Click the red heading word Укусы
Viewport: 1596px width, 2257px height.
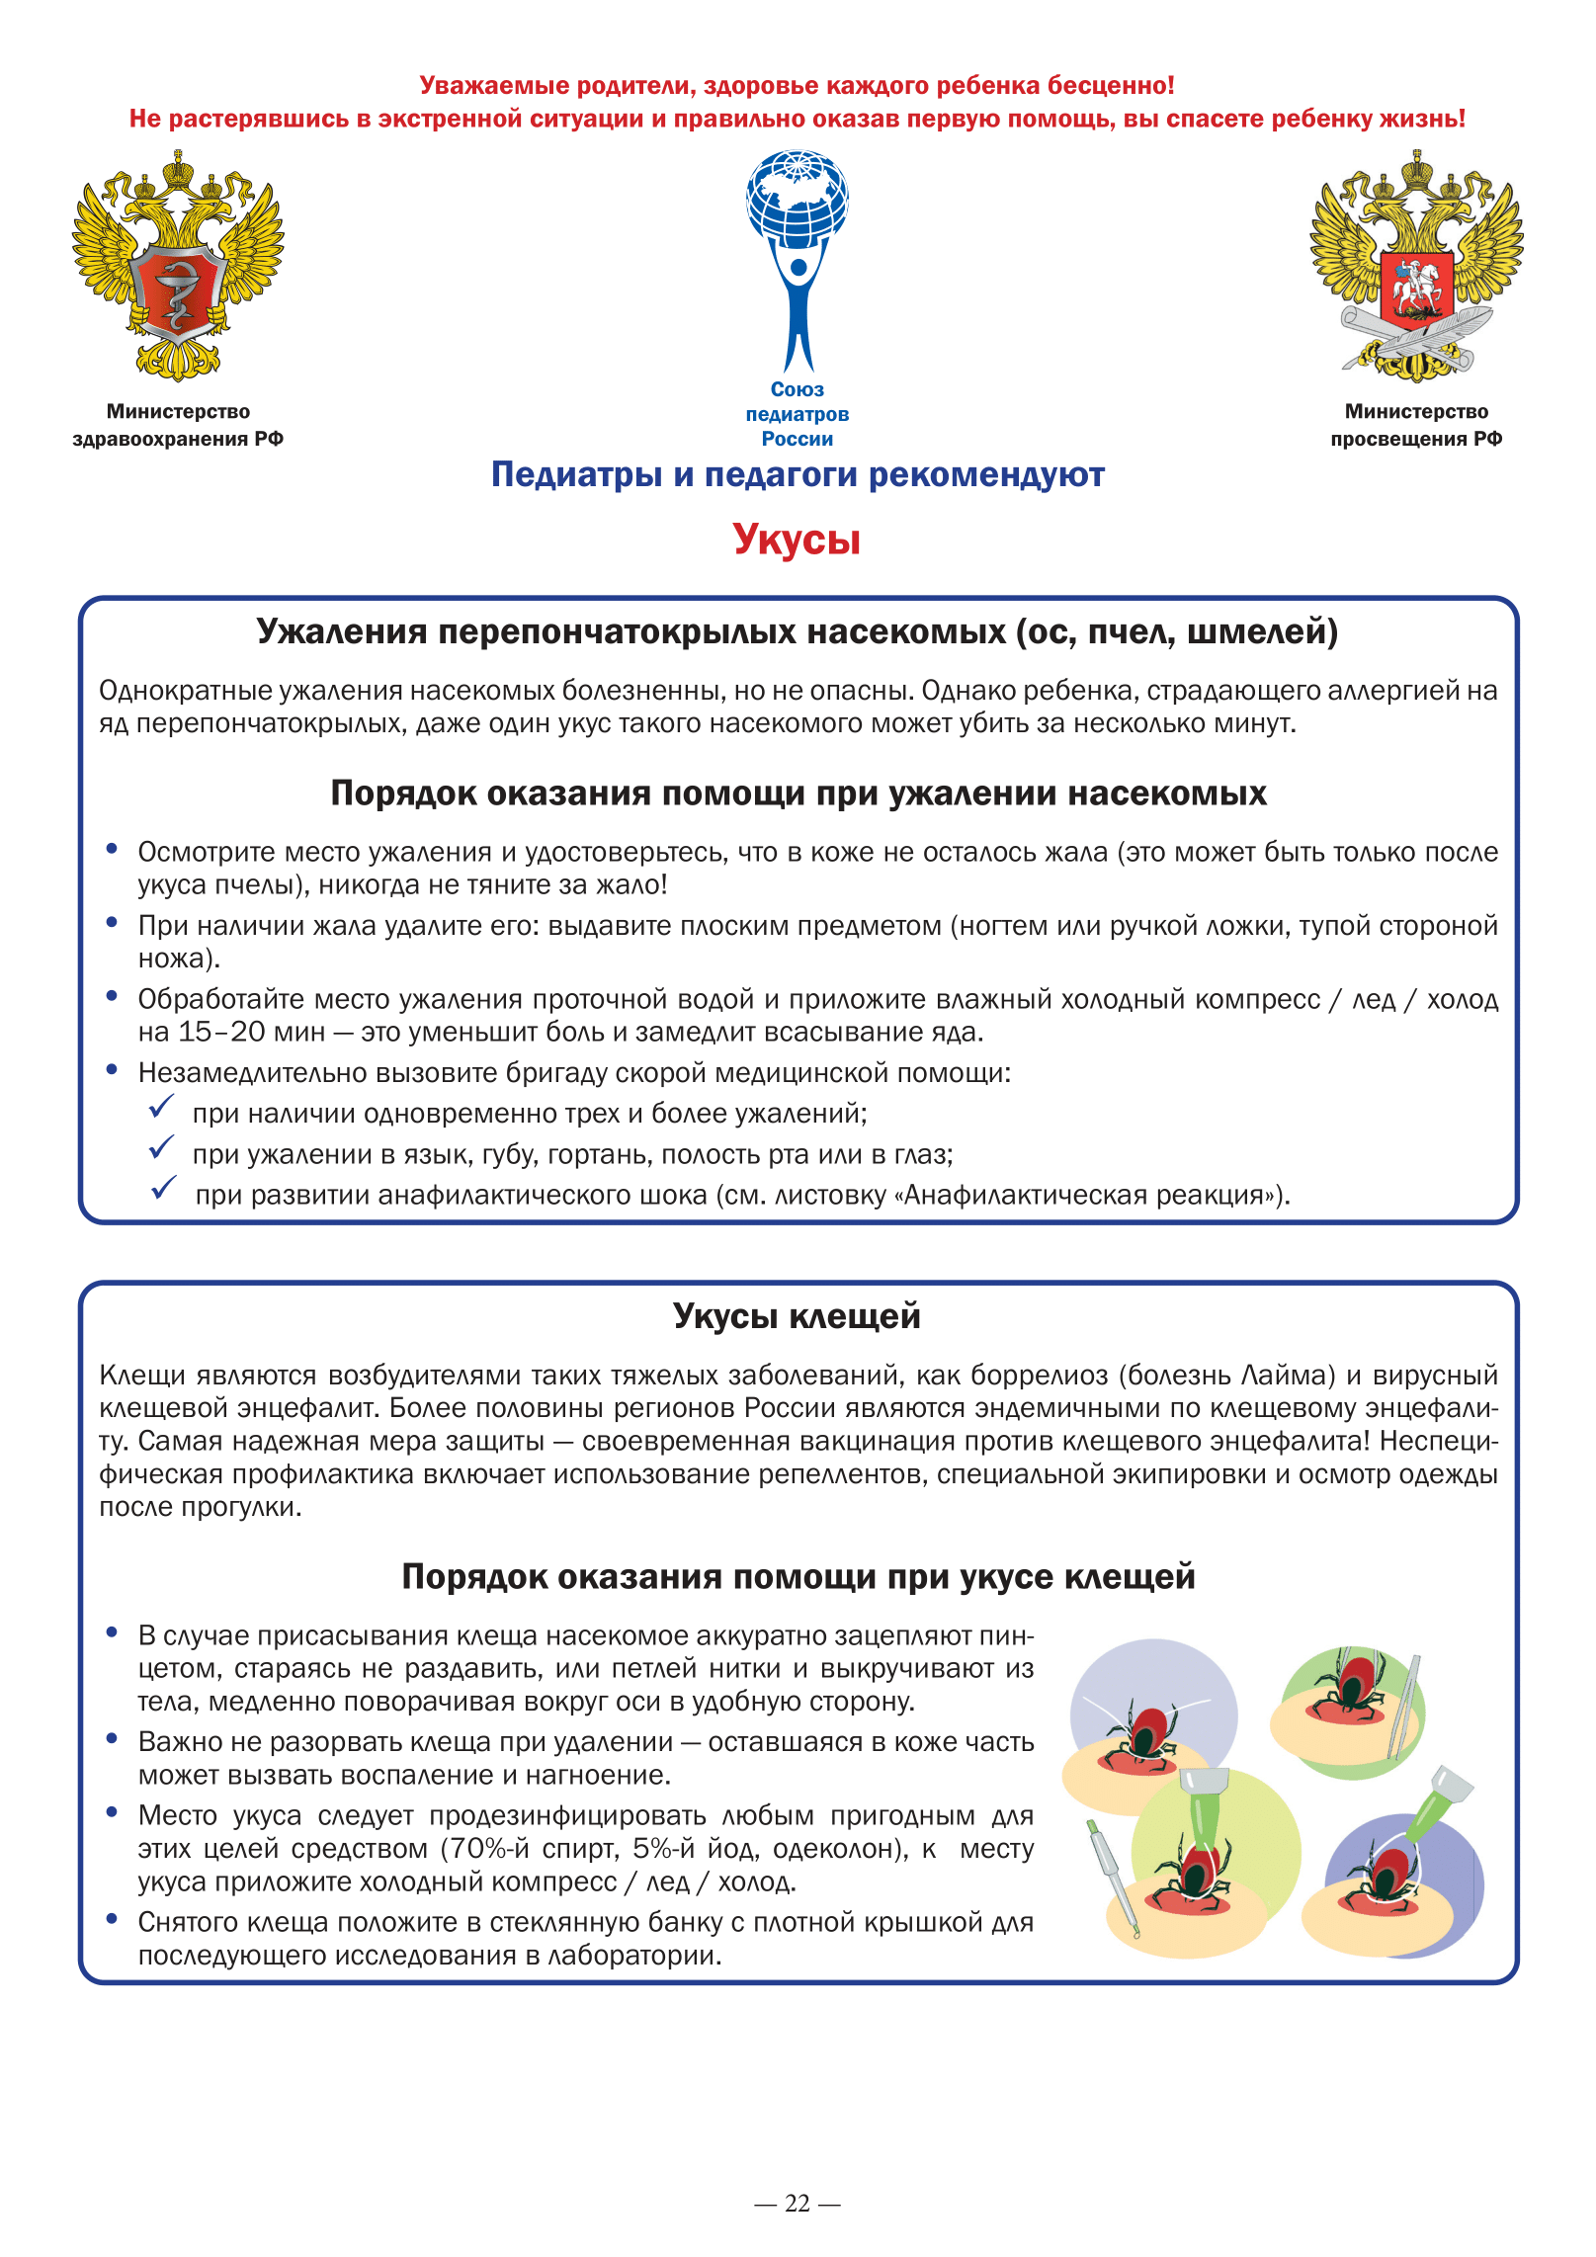tap(797, 540)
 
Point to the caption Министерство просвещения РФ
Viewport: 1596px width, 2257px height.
tap(1415, 425)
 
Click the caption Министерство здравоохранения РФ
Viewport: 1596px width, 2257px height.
tap(178, 425)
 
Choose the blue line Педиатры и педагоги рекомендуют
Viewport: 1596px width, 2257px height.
tap(797, 475)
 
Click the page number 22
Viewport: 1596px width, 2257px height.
tap(797, 2204)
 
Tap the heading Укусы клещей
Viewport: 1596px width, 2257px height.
tap(797, 1316)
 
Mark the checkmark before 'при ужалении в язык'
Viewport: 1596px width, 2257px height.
tap(161, 1148)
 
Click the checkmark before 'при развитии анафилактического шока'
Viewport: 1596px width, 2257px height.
tap(164, 1188)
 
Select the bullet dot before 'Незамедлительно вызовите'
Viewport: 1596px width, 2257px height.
tap(113, 1070)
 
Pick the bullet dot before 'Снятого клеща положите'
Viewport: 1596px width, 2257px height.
tap(113, 1919)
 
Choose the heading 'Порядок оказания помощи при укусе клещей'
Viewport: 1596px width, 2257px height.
tap(797, 1576)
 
